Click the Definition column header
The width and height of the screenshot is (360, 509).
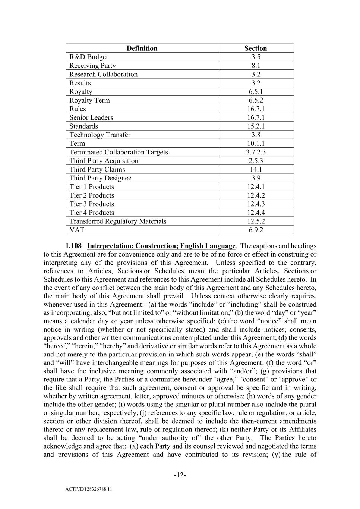(142, 48)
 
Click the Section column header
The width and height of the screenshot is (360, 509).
(256, 48)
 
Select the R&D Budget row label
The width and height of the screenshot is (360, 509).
(89, 57)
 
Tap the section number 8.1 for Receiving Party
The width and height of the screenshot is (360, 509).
(256, 66)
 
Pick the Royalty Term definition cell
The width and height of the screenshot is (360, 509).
(89, 100)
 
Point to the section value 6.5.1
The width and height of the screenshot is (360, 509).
(256, 91)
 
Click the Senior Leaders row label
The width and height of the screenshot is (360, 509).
(91, 117)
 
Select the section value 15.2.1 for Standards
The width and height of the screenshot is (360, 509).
(256, 126)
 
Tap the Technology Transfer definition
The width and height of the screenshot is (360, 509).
(100, 135)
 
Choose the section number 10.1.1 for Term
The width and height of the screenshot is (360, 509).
(256, 143)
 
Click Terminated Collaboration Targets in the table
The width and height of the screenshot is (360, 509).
(119, 152)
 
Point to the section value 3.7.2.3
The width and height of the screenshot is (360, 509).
(256, 152)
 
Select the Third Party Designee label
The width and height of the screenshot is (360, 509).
(100, 178)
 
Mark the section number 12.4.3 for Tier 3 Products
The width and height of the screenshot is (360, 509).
(256, 204)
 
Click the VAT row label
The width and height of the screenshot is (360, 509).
(77, 230)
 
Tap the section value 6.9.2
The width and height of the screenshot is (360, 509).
(256, 230)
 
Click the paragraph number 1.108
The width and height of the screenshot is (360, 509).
(73, 246)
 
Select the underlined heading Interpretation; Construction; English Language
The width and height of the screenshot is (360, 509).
(161, 246)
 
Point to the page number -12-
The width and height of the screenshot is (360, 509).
(180, 475)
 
